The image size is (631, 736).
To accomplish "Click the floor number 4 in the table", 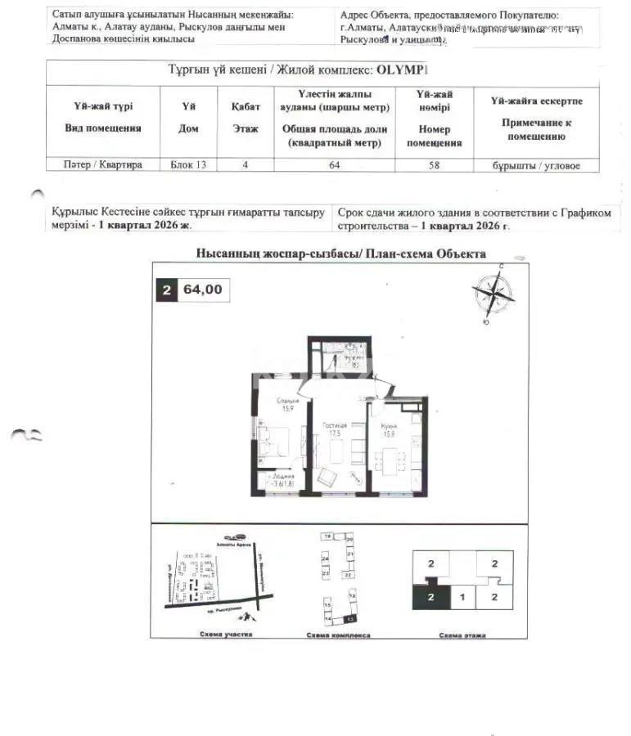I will [x=245, y=165].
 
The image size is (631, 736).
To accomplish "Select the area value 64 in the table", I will [x=334, y=165].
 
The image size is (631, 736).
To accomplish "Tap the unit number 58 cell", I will [x=435, y=165].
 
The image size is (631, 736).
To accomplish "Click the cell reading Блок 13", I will [x=187, y=165].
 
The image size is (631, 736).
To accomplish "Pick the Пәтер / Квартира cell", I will [x=103, y=165].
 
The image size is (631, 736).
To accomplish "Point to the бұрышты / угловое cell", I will [x=536, y=166].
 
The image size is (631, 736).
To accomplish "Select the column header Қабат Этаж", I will [x=245, y=117].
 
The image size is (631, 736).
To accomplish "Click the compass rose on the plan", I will [x=493, y=293].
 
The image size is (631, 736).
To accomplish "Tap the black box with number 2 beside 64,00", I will [x=167, y=290].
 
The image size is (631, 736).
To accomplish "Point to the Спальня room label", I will [x=287, y=402].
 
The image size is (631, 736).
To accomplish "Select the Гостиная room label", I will [x=334, y=425].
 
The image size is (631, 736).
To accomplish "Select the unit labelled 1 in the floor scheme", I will [x=462, y=598].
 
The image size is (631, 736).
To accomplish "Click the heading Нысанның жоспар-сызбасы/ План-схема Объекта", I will [x=341, y=254].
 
